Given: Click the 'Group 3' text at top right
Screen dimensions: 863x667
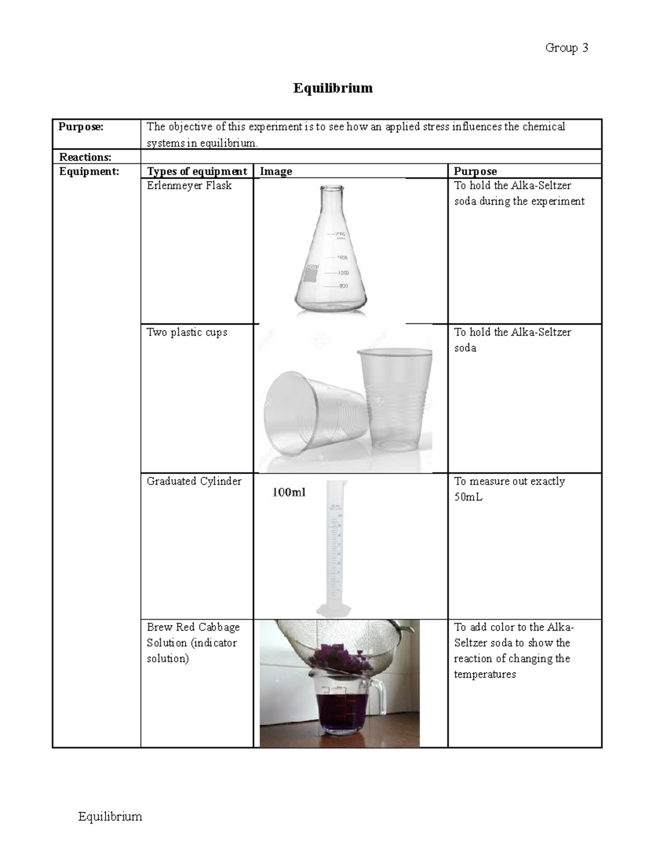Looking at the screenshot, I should click(566, 48).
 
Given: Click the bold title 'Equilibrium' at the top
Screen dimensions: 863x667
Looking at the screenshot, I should click(333, 88).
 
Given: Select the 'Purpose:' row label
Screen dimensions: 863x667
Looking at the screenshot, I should click(81, 127).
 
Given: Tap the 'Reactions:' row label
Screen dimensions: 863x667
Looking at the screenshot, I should click(85, 157).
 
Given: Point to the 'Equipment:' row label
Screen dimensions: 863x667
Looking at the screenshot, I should click(89, 171).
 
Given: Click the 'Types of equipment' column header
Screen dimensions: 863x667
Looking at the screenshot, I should click(197, 171).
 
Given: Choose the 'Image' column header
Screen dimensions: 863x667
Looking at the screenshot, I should click(276, 171).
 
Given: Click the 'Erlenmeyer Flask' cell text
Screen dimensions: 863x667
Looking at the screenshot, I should click(189, 186).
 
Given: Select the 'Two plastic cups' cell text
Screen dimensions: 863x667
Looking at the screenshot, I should click(187, 332).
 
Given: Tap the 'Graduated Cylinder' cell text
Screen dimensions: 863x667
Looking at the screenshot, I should click(194, 481).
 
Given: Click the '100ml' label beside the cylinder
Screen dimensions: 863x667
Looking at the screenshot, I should click(289, 492).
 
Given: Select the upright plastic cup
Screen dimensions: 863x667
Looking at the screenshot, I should click(395, 400).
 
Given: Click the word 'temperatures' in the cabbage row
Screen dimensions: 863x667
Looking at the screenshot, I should click(485, 675).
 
